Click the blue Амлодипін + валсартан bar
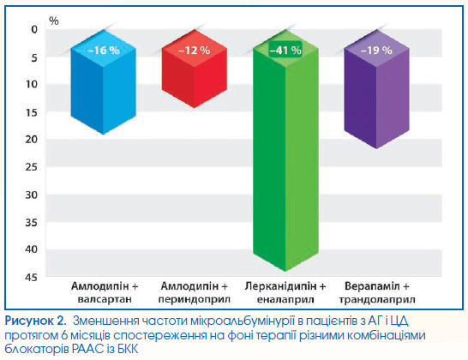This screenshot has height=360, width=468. [103, 82]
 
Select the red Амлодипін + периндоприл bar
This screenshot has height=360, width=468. [195, 69]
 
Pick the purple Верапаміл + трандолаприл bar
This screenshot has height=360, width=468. [376, 89]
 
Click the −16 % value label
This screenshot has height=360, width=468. [104, 51]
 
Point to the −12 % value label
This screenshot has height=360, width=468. [194, 51]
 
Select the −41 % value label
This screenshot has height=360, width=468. [285, 51]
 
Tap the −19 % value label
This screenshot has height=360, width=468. [376, 51]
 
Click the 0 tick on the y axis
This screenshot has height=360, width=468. [34, 29]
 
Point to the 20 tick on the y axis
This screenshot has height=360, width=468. [32, 140]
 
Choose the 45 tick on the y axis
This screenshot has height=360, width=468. [32, 278]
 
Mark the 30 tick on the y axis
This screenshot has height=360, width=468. [32, 195]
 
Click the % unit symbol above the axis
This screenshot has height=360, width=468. [54, 21]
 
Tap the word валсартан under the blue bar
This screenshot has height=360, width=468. [105, 299]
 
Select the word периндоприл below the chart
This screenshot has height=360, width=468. [195, 299]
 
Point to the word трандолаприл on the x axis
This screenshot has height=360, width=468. [377, 299]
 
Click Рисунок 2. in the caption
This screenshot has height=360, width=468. [35, 321]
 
